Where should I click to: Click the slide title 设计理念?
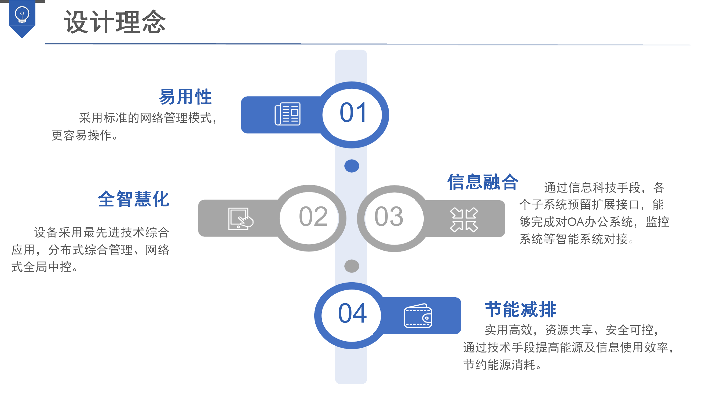tap(115, 22)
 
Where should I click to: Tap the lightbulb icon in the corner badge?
tap(22, 14)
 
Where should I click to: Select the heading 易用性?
tap(185, 97)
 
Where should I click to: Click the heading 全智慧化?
tap(133, 199)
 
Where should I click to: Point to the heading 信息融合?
tap(482, 182)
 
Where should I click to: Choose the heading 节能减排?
tap(521, 309)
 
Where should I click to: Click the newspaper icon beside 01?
tap(287, 114)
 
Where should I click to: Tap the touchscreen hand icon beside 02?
tap(241, 219)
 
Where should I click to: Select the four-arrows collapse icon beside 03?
tap(464, 220)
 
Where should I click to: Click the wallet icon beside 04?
tap(418, 316)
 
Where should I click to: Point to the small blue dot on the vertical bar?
tap(352, 166)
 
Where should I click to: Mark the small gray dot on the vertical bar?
tap(352, 266)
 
